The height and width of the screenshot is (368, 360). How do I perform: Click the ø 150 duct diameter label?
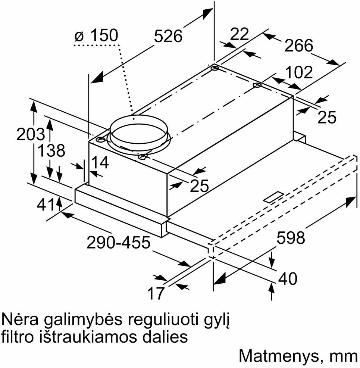point(96,36)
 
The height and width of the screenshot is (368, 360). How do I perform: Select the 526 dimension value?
point(168,36)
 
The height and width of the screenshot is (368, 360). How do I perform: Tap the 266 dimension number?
point(298,46)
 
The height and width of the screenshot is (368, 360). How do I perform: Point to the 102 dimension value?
point(299,72)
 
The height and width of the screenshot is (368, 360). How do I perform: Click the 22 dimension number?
point(239,34)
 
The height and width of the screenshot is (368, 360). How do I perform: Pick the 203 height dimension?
point(31,134)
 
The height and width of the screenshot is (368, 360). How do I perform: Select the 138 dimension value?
point(51,150)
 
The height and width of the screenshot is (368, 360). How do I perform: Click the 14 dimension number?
point(100,162)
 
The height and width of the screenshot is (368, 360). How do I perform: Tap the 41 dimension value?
point(46,205)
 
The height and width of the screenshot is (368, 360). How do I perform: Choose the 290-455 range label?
point(118,243)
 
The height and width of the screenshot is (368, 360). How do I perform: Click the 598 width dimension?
point(291,237)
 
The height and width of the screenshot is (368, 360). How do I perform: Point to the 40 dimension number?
point(288,278)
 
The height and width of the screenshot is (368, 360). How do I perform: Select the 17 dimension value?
point(156,293)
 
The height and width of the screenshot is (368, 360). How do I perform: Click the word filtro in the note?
point(16,337)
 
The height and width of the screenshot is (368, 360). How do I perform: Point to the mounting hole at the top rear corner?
point(215,69)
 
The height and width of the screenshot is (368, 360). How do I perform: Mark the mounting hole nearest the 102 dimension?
point(257,85)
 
